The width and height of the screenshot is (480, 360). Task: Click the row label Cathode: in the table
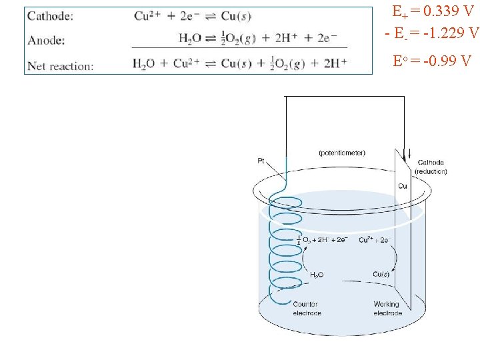(x=51, y=16)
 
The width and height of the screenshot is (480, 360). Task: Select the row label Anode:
(x=46, y=40)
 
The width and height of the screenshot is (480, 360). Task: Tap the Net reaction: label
(x=61, y=65)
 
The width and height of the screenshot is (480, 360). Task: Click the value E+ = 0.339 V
(x=433, y=12)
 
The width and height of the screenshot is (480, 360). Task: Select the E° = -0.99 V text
(x=433, y=62)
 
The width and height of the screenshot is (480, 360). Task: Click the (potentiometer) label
(x=342, y=153)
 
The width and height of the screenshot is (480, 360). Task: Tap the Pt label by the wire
(x=261, y=161)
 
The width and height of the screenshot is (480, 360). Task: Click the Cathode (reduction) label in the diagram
(x=431, y=167)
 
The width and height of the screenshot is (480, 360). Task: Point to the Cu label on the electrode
(x=403, y=186)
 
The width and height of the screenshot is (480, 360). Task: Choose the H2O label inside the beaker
(x=317, y=275)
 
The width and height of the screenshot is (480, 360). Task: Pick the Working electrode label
(x=387, y=309)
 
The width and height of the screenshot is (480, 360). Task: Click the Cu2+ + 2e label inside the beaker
(x=374, y=239)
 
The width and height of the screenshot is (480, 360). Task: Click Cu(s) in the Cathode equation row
(x=236, y=16)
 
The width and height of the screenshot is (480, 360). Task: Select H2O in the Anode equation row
(x=189, y=39)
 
